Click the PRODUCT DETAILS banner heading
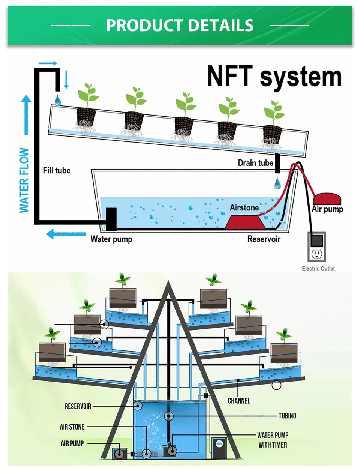(180, 26)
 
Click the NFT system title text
(274, 77)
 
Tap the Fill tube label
(57, 170)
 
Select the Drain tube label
(255, 163)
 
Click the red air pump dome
(327, 199)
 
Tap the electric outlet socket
(317, 254)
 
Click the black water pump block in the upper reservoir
(111, 219)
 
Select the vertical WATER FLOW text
(24, 180)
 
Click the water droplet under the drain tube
(277, 183)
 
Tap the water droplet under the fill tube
(58, 100)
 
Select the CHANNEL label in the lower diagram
(239, 401)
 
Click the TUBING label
(287, 416)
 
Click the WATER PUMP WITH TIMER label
(273, 440)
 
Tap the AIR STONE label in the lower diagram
(72, 427)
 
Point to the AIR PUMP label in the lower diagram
(72, 443)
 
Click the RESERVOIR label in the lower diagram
(78, 406)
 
